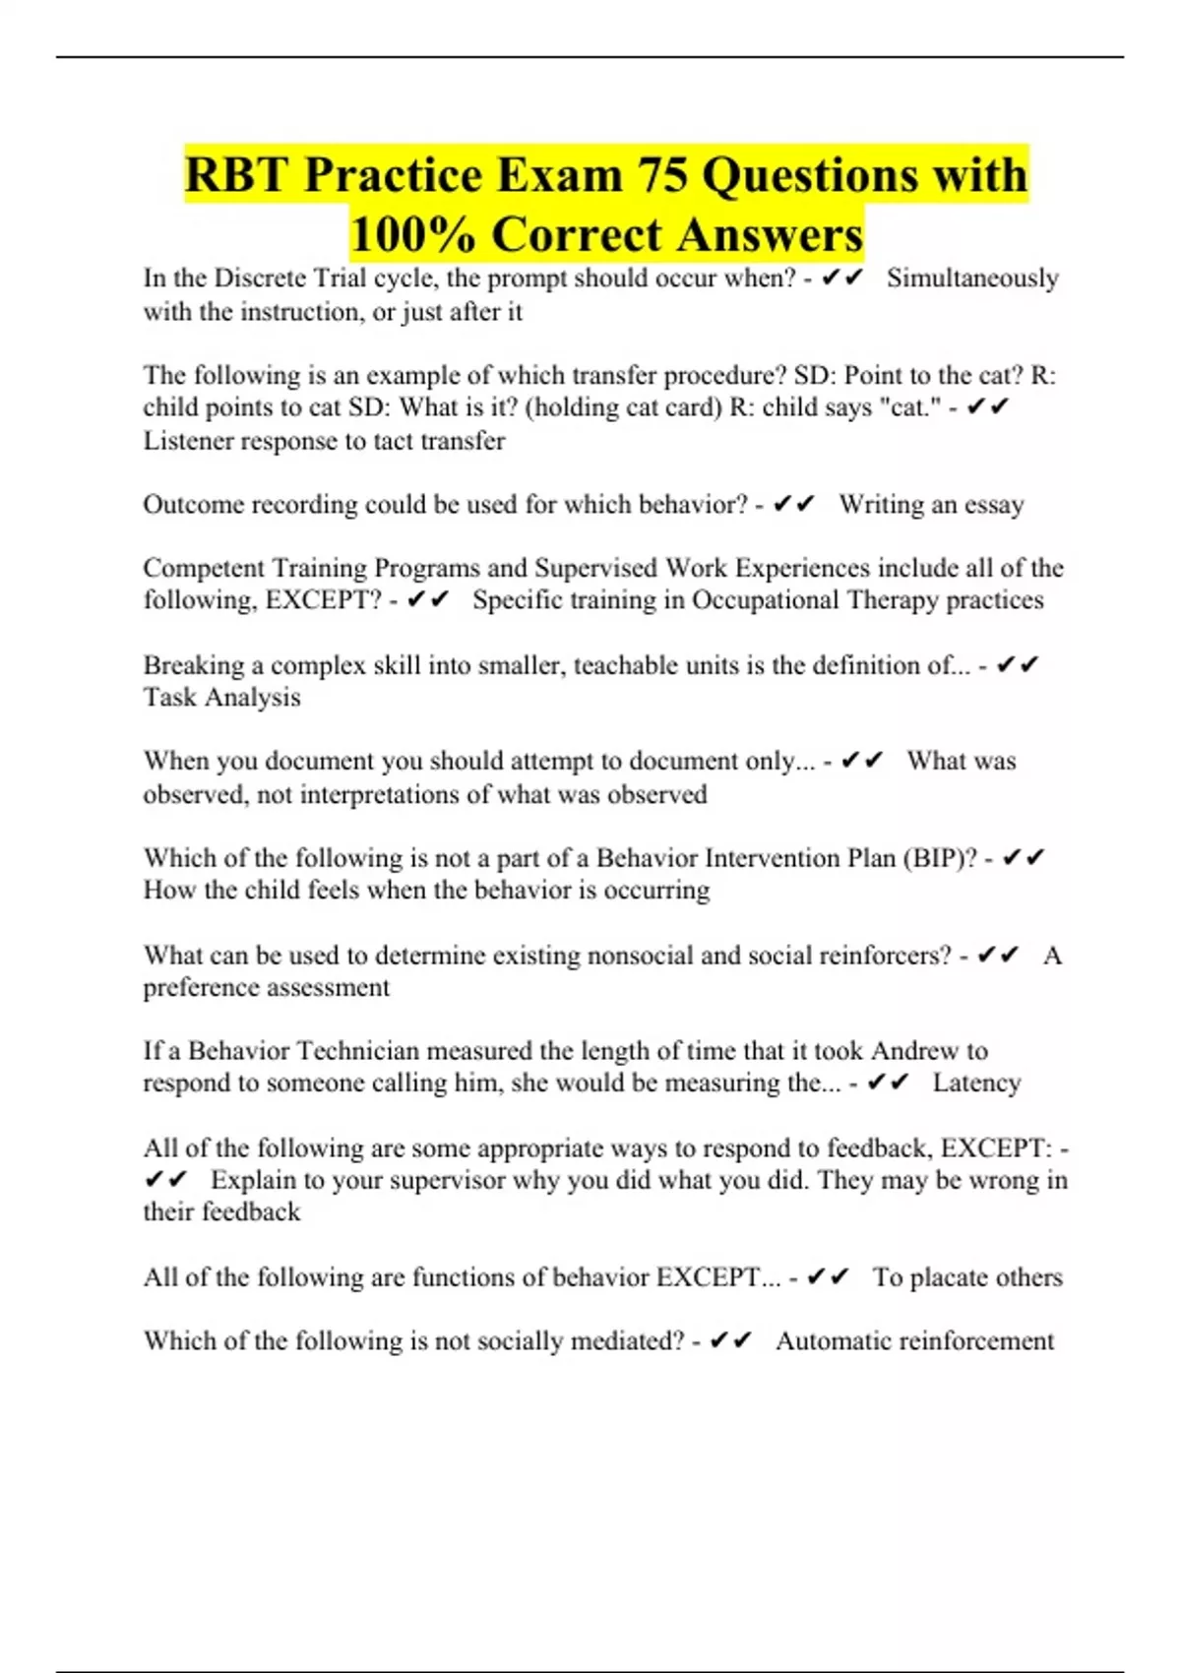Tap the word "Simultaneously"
972,279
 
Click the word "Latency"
976,1083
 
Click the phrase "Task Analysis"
222,698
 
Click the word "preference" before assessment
201,987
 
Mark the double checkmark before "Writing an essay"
794,505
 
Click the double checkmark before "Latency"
888,1083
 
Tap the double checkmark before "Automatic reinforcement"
730,1341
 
